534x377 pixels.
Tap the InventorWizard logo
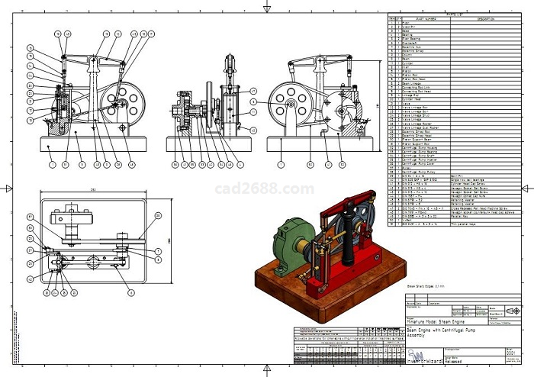tap(418, 356)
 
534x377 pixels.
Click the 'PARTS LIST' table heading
tap(455, 14)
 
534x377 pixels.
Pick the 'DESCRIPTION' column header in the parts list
tap(486, 18)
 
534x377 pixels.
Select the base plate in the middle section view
tap(207, 143)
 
